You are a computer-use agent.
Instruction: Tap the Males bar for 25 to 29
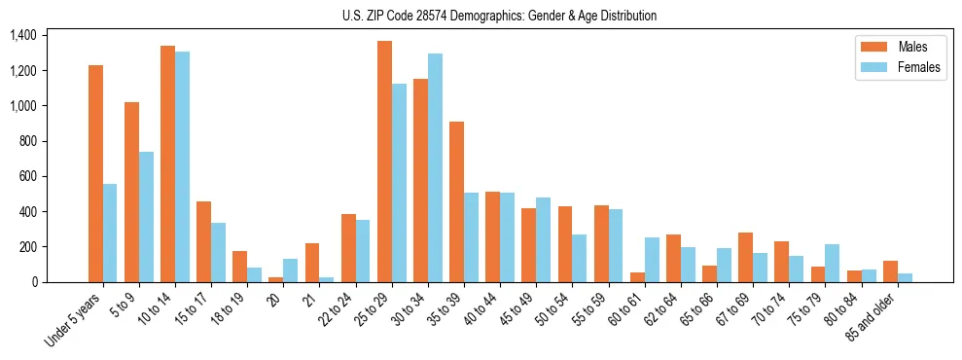[x=384, y=162]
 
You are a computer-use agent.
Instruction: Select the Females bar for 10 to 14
[x=182, y=166]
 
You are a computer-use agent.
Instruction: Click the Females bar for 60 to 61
[x=652, y=260]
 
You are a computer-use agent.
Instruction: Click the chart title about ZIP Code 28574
[x=499, y=16]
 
